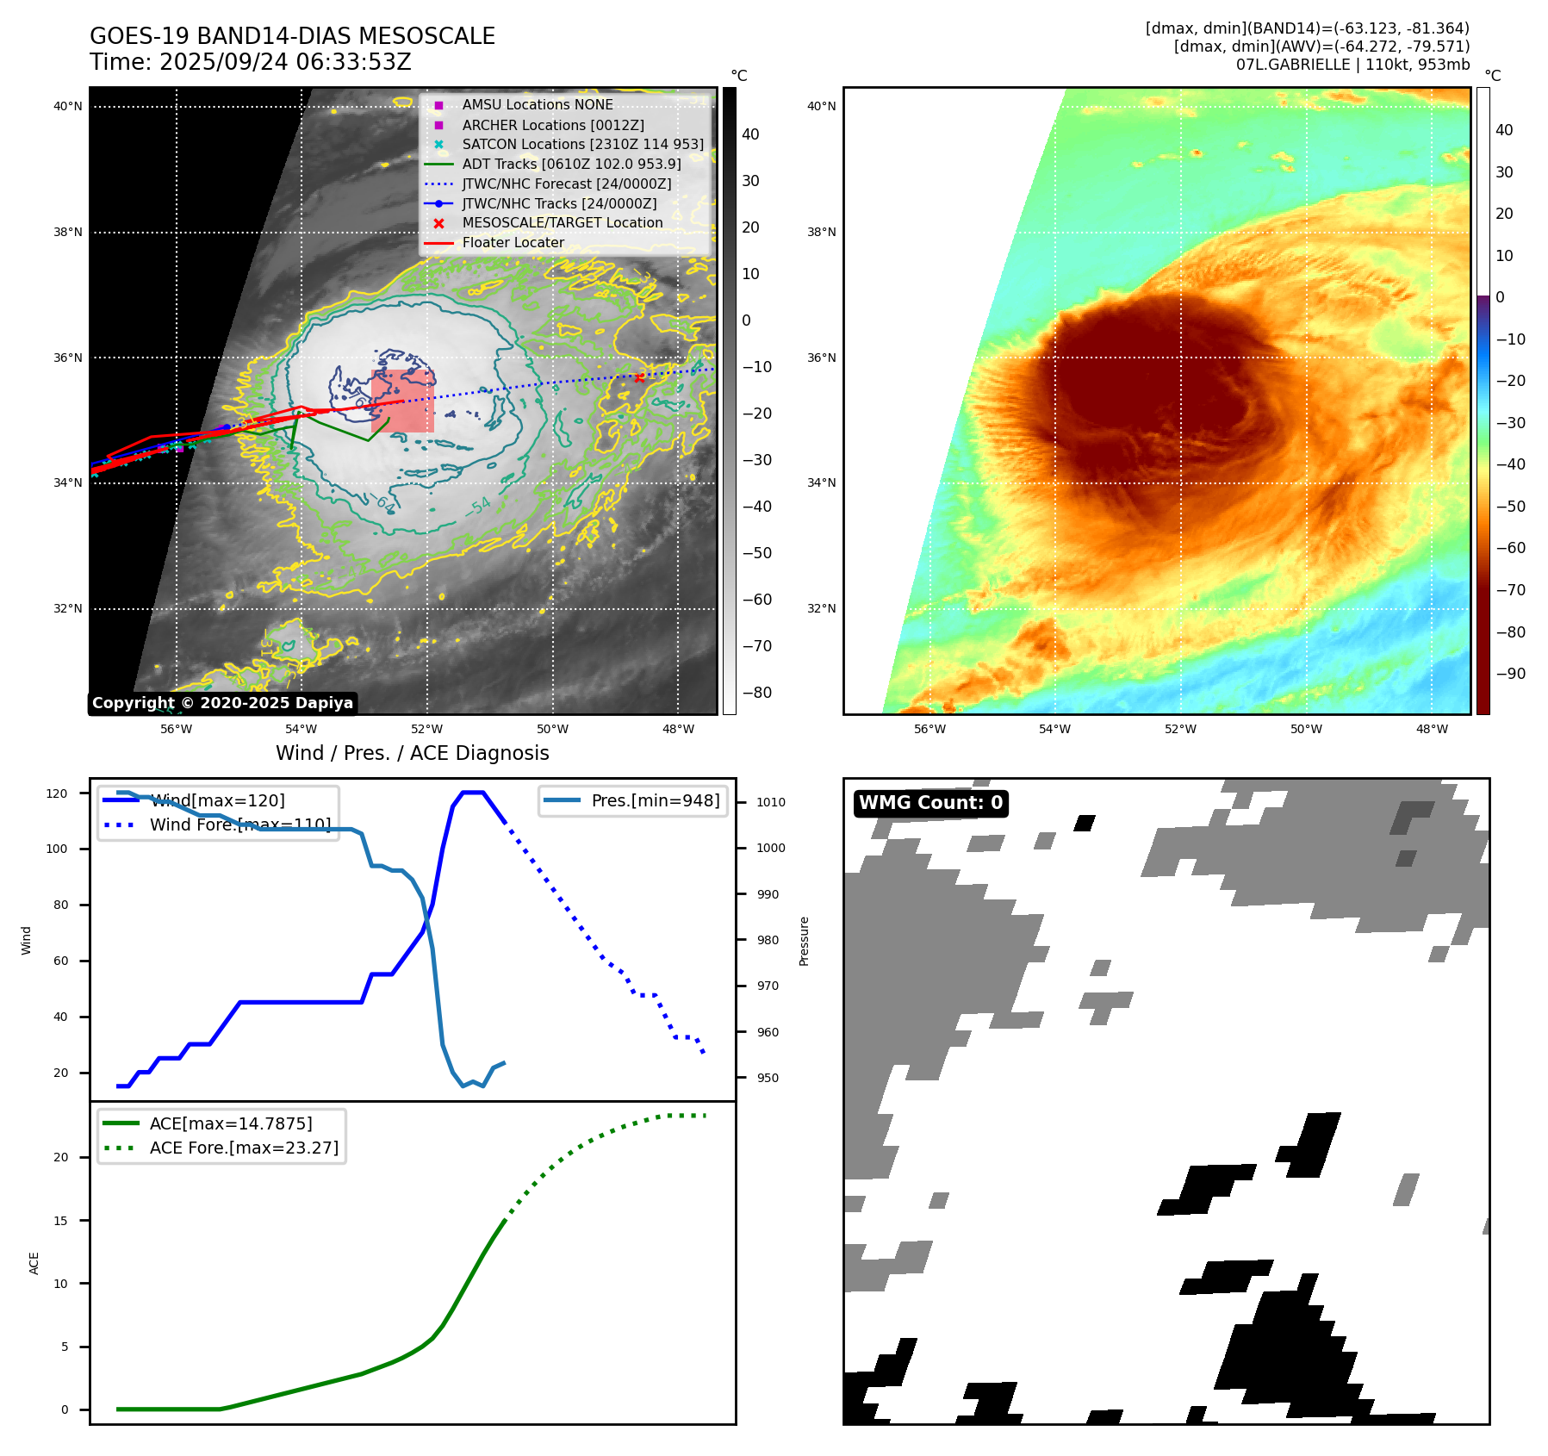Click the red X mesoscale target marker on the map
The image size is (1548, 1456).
(639, 377)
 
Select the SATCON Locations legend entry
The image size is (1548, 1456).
(582, 145)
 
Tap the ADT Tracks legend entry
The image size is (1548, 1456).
(571, 164)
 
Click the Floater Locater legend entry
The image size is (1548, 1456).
(513, 243)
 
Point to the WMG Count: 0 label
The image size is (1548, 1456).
(930, 803)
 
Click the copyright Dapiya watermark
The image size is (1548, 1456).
(222, 703)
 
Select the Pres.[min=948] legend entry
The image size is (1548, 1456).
(655, 800)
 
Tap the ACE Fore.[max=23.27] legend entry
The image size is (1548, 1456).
(244, 1148)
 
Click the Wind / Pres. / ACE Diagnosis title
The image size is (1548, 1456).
(412, 753)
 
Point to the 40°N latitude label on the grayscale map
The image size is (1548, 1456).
(68, 107)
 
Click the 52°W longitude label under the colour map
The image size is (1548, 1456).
(1180, 729)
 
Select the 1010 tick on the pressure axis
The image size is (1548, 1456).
(771, 802)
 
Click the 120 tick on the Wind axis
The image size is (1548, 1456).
(57, 793)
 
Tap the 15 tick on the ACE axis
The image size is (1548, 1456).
(60, 1220)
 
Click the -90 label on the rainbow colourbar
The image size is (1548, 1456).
(1510, 674)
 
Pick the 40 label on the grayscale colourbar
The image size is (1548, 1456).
(750, 134)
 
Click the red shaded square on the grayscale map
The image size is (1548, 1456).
(402, 401)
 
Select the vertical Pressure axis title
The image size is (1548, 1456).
(804, 941)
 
